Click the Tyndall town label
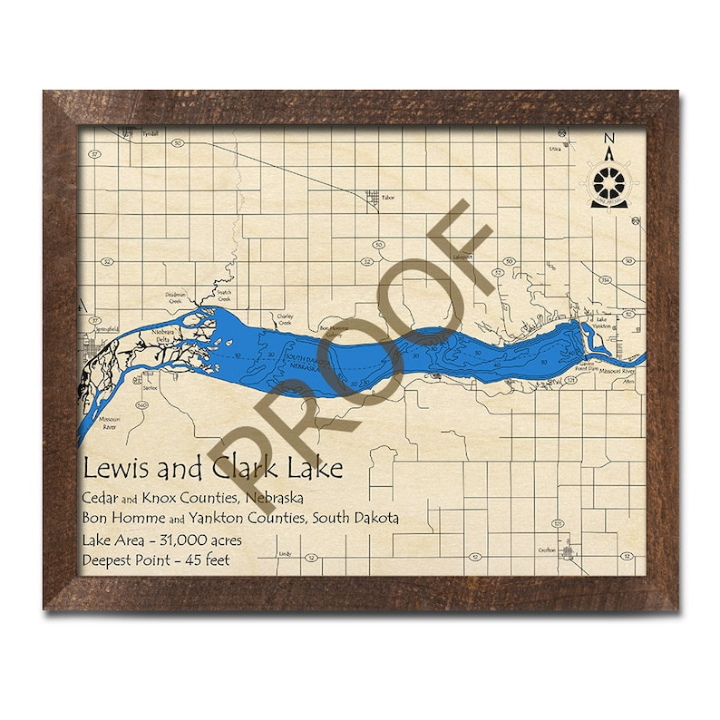click(151, 134)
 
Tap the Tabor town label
click(388, 196)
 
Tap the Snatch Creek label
click(223, 297)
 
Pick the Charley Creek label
click(286, 318)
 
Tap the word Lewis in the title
click(112, 469)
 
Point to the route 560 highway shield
click(141, 407)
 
